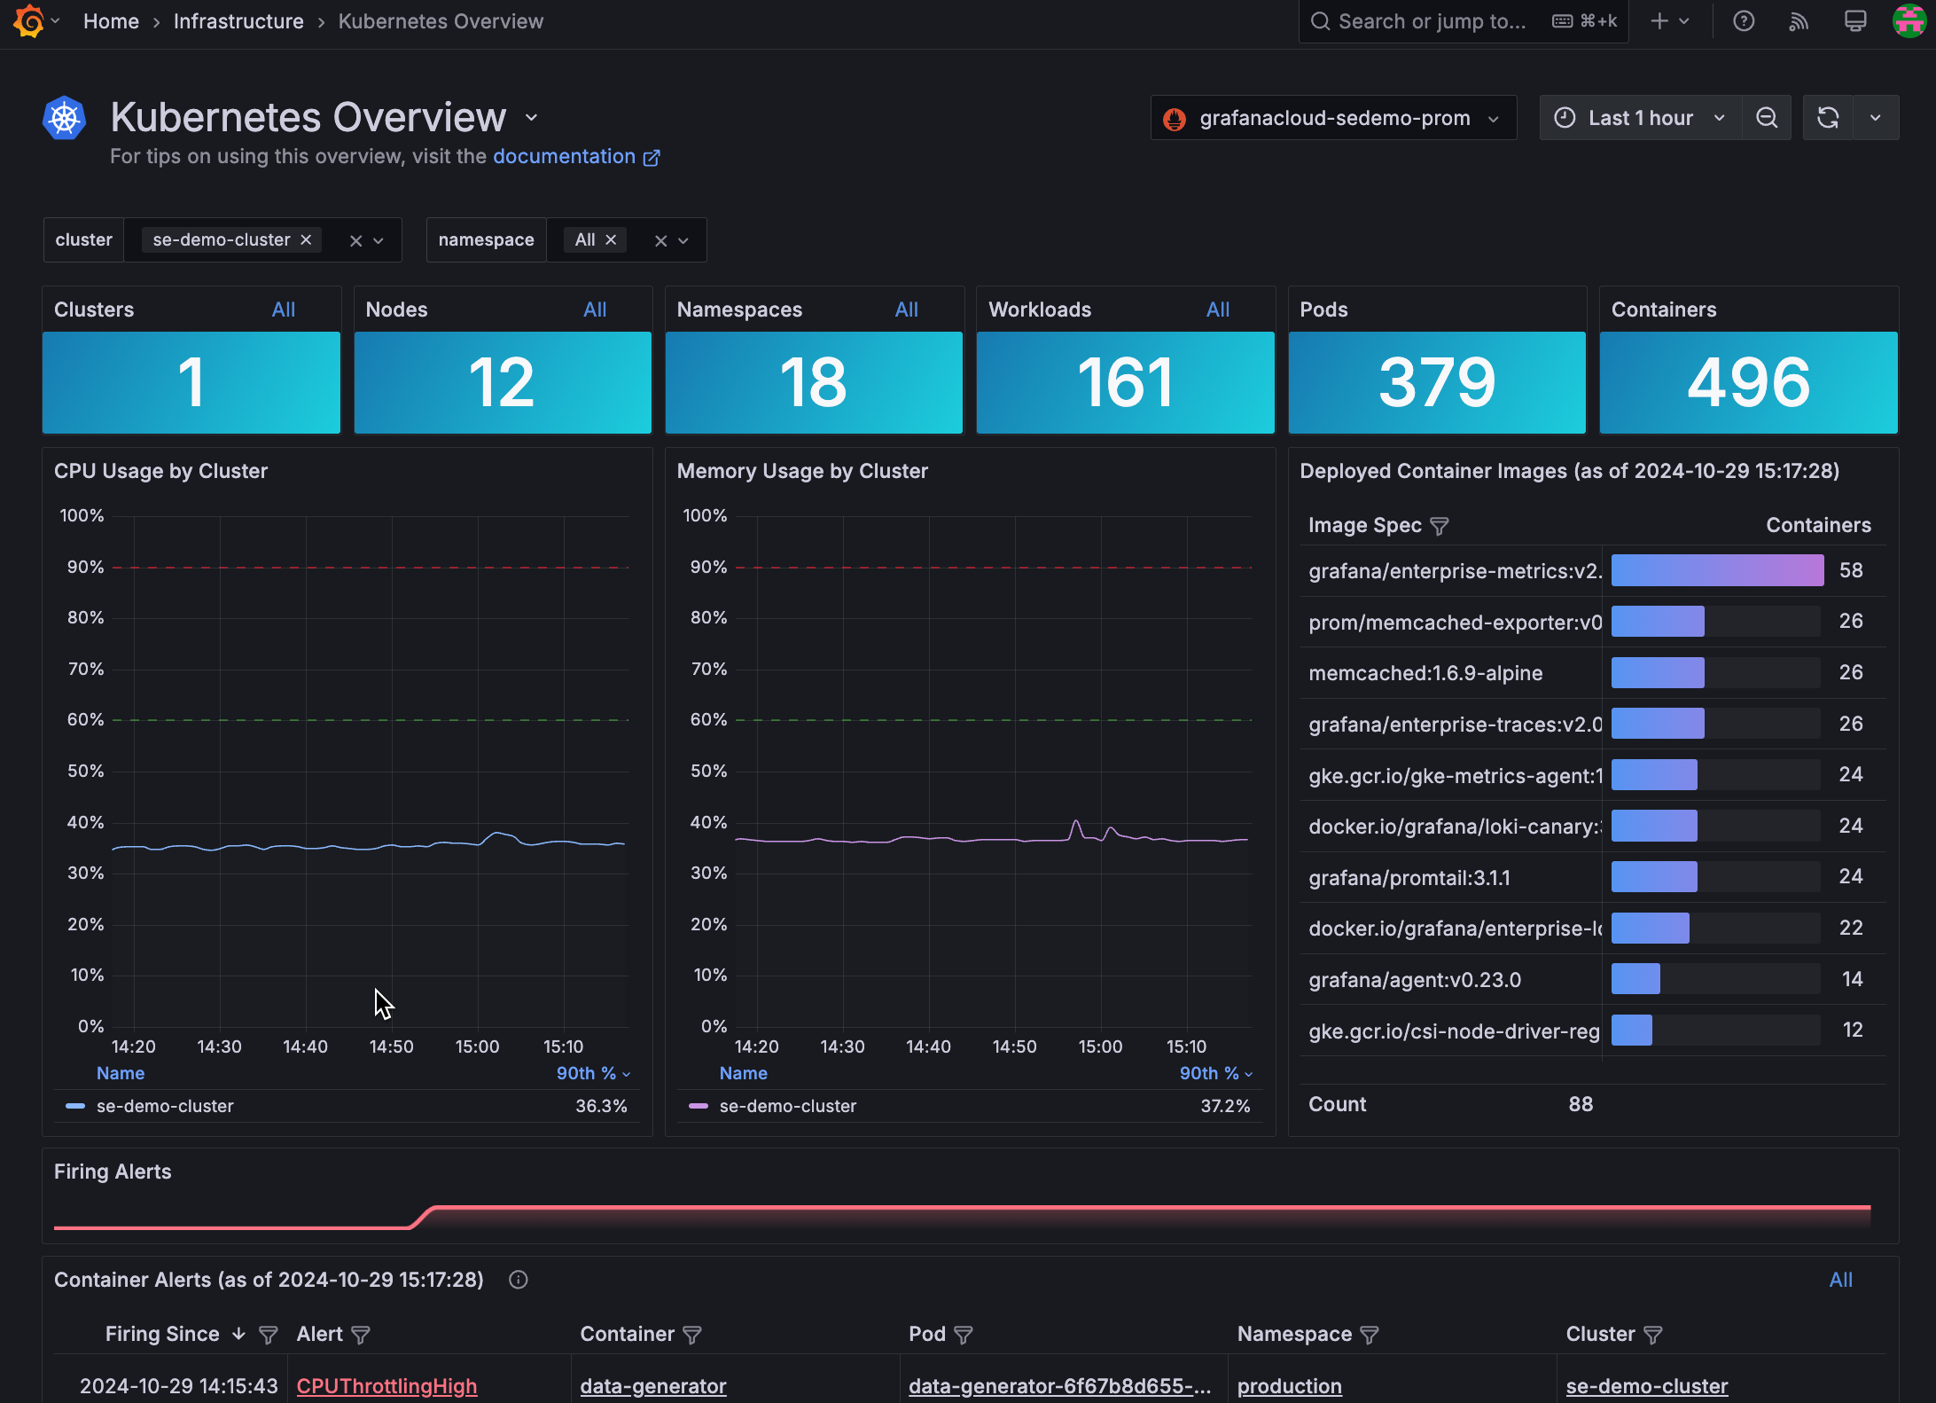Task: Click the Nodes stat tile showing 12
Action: click(502, 382)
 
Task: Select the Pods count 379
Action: click(1436, 382)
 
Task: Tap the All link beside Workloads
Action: click(1217, 310)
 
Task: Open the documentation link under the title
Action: click(565, 157)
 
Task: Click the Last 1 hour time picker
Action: click(1640, 118)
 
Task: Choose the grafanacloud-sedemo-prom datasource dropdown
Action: click(1333, 118)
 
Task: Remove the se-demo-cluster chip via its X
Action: click(306, 240)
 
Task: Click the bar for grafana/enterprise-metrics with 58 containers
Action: click(1716, 570)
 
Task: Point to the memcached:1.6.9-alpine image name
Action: click(1425, 673)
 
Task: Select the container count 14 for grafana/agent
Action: click(1851, 979)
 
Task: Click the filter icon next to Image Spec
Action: click(1440, 526)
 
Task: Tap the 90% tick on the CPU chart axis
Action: click(85, 567)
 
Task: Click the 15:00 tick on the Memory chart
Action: click(1099, 1046)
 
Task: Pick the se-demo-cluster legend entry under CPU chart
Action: click(165, 1106)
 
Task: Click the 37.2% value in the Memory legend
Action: click(1224, 1106)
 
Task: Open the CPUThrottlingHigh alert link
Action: click(386, 1385)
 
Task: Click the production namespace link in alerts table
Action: click(1289, 1385)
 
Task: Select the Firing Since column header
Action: click(162, 1334)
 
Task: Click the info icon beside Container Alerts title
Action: click(519, 1280)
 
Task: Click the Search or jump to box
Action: click(1431, 21)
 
